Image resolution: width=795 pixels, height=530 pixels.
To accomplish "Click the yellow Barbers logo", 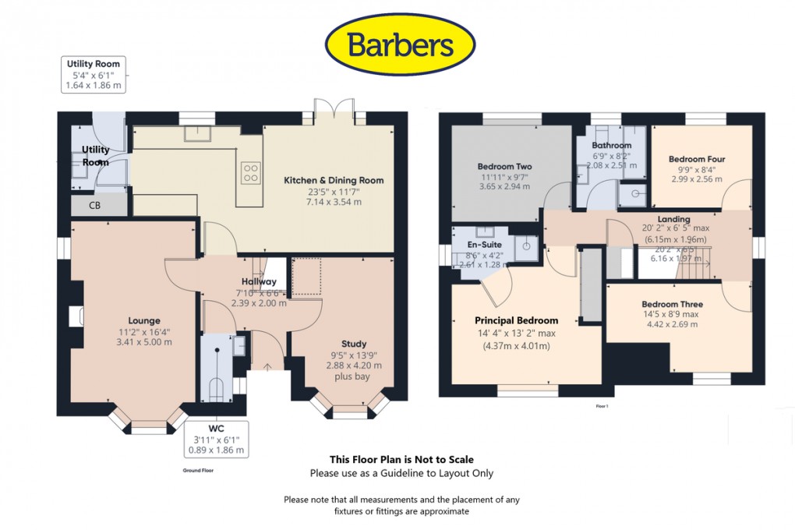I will (400, 44).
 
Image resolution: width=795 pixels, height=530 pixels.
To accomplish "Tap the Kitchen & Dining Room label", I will (334, 180).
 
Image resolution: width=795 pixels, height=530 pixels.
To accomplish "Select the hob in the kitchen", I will (250, 172).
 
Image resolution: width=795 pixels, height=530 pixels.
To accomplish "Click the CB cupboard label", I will (94, 206).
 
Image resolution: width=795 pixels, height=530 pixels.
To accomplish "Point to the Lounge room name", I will (144, 320).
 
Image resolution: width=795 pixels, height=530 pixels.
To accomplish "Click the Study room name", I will (353, 344).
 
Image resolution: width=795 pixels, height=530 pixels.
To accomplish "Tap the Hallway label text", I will (259, 281).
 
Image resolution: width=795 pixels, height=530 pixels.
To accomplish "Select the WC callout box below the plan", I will (216, 439).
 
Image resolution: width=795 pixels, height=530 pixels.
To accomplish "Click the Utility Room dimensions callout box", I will (94, 74).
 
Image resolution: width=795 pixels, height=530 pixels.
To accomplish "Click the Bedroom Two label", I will (504, 167).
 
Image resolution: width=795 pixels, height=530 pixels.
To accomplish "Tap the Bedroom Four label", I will (696, 159).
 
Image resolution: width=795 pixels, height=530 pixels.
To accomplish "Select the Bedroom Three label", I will (672, 304).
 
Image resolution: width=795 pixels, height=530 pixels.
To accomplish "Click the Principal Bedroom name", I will (516, 320).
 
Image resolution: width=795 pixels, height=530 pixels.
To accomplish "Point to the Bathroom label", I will (611, 145).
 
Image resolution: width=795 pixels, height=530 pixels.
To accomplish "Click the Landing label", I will (673, 220).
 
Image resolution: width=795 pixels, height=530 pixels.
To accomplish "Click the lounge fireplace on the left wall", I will (76, 316).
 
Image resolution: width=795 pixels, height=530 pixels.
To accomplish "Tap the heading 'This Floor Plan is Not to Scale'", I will (401, 460).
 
